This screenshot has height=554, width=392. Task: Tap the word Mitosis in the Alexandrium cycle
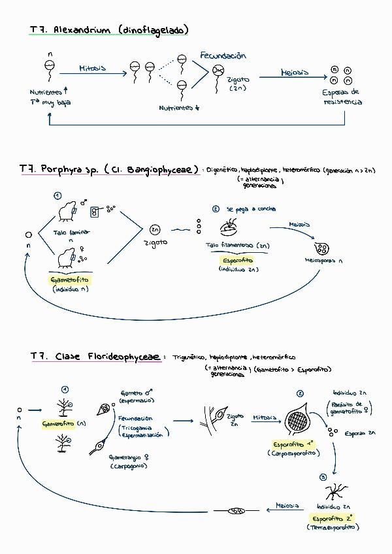point(92,67)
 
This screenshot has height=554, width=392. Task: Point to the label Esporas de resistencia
point(342,97)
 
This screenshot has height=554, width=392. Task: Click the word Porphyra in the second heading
point(63,170)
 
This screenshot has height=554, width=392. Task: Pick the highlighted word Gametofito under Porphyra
point(70,280)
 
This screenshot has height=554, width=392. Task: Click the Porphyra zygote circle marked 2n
point(155,229)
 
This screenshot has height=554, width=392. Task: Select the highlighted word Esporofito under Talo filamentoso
point(236,259)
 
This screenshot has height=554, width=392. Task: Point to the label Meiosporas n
point(323,260)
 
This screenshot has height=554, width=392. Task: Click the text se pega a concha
point(251,209)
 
